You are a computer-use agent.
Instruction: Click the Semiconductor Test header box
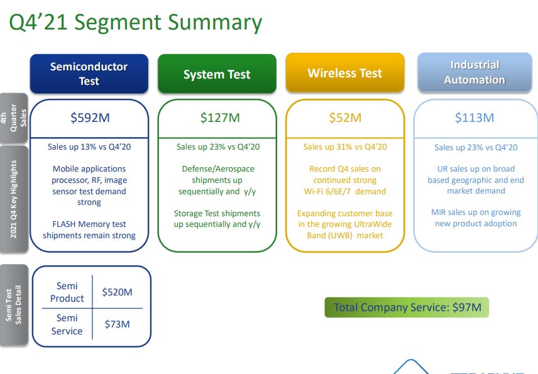[x=89, y=74]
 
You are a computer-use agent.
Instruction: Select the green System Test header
[x=217, y=74]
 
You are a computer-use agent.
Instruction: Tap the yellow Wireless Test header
[x=344, y=74]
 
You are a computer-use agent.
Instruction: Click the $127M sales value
[x=217, y=118]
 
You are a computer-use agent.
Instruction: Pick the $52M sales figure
[x=345, y=118]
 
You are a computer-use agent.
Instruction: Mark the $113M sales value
[x=475, y=118]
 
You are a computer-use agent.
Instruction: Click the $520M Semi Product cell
[x=117, y=292]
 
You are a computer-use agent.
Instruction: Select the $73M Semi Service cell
[x=117, y=324]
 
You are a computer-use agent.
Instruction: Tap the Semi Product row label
[x=67, y=292]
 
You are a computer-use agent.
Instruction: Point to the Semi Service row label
[x=67, y=324]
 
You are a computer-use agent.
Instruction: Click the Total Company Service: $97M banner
[x=407, y=307]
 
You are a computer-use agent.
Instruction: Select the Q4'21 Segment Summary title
[x=135, y=23]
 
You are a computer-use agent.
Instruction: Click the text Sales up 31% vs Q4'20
[x=345, y=147]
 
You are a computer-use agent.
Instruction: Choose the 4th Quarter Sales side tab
[x=14, y=117]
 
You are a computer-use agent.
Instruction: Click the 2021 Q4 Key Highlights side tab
[x=14, y=199]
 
